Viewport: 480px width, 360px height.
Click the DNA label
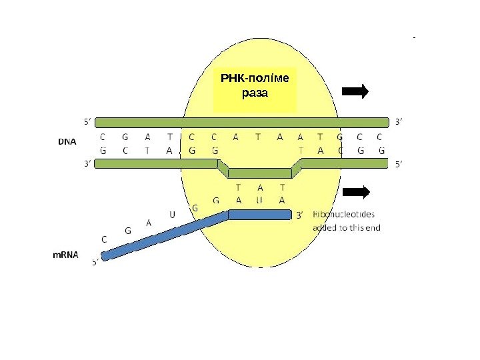tap(67, 142)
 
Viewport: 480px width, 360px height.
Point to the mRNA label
tap(66, 254)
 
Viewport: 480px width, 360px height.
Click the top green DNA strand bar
tap(241, 122)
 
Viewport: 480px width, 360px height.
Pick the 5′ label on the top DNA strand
tap(87, 122)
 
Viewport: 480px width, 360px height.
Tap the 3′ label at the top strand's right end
tap(399, 122)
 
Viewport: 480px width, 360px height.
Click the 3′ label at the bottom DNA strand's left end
tap(87, 163)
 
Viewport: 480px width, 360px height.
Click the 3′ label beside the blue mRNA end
tap(300, 215)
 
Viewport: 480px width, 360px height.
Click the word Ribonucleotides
tap(344, 215)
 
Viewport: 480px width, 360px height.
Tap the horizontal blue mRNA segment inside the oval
tap(260, 215)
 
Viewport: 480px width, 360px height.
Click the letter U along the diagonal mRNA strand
tap(172, 215)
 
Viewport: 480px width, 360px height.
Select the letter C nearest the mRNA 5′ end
tap(103, 238)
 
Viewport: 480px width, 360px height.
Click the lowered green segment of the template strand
tap(260, 173)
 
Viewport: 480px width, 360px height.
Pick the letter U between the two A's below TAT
tap(260, 199)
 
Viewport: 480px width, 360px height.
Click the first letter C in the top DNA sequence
tap(103, 137)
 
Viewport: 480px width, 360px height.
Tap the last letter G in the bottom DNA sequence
tap(381, 150)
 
